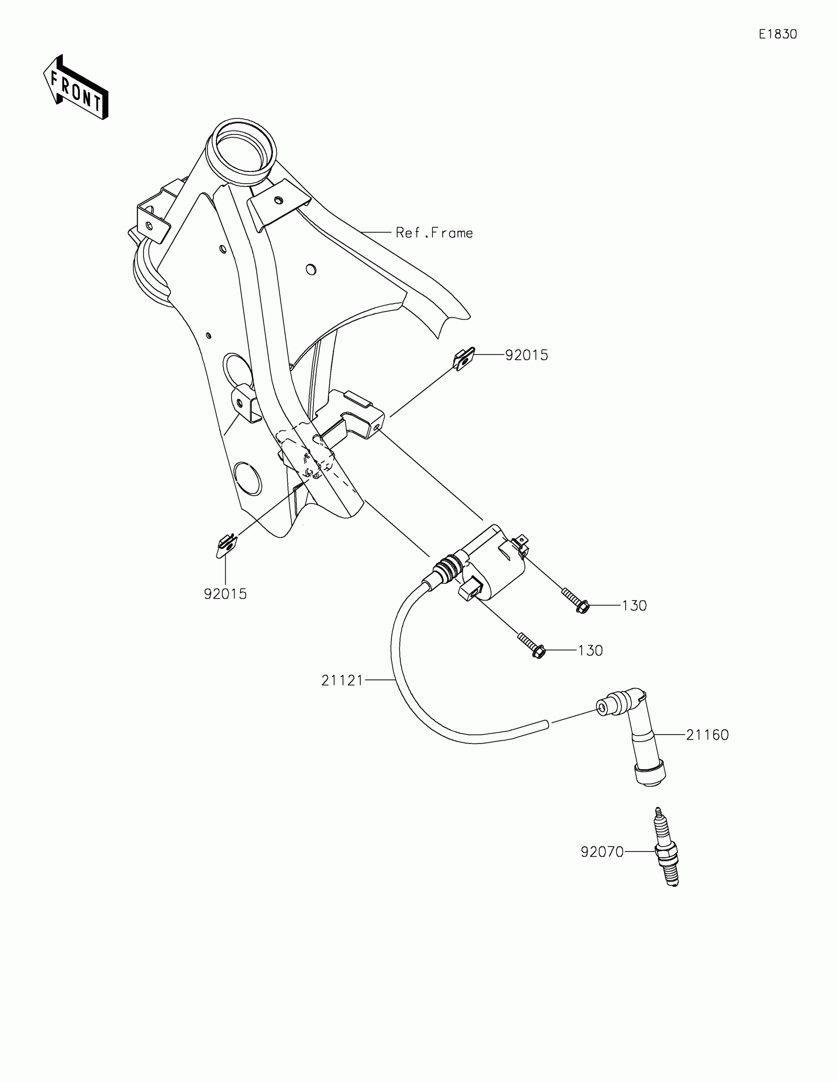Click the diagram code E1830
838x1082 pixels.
pos(777,34)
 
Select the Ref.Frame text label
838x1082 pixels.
pos(434,233)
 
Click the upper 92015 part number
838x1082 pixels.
pos(526,355)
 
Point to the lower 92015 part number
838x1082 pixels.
pos(225,594)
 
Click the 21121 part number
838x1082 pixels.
pos(342,681)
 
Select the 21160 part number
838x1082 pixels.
pos(707,735)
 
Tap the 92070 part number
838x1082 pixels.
pos(602,851)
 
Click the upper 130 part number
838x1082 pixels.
pos(634,606)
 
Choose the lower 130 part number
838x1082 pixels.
pos(591,650)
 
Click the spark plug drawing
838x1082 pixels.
pos(666,847)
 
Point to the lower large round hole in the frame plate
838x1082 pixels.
pos(247,478)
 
